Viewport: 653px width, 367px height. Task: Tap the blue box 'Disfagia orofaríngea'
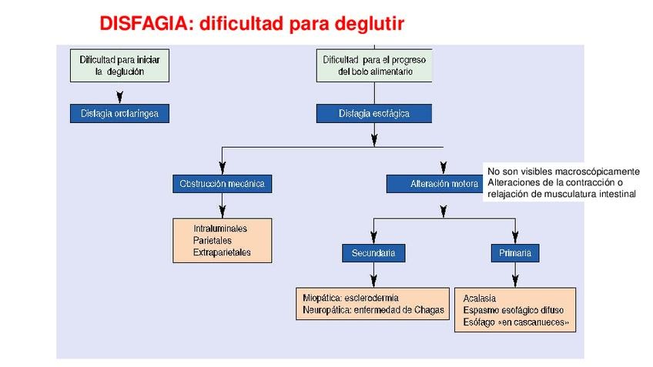tap(119, 113)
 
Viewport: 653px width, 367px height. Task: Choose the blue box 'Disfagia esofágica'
tap(374, 113)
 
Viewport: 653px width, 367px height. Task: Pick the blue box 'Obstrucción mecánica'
tap(222, 184)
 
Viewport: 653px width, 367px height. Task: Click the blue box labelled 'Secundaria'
tap(373, 252)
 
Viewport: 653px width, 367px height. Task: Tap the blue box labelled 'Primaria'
tap(514, 252)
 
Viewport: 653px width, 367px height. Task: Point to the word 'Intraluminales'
tap(220, 229)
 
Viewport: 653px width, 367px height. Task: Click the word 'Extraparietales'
tap(222, 252)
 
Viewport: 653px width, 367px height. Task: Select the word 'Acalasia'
tap(480, 298)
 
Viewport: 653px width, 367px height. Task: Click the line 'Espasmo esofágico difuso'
tap(512, 310)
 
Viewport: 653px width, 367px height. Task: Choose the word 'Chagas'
tap(427, 309)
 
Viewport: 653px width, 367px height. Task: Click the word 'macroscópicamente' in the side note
tap(594, 171)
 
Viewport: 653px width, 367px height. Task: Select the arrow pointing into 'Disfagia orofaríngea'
tap(119, 96)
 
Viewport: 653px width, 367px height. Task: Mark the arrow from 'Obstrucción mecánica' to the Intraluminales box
tap(222, 206)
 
